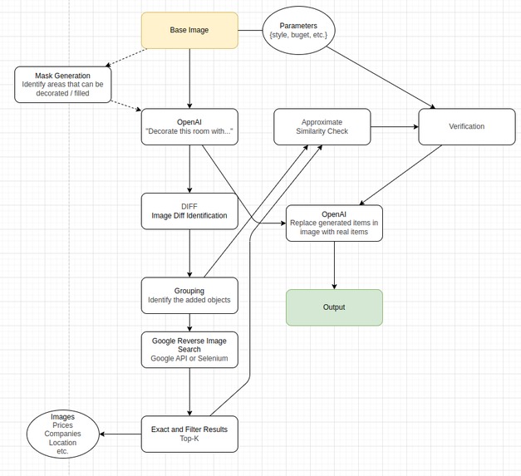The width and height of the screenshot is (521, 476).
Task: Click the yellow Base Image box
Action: tap(189, 30)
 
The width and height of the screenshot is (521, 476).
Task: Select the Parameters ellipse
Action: tap(298, 30)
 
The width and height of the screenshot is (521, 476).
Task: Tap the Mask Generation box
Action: tap(62, 85)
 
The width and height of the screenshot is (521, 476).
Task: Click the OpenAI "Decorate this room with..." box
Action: tap(189, 126)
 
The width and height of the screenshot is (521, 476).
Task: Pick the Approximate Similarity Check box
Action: tap(322, 126)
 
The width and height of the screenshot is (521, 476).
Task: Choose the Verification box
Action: tap(466, 126)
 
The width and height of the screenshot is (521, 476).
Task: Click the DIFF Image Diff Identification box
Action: tap(189, 211)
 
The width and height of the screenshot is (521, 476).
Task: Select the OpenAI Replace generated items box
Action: tap(334, 223)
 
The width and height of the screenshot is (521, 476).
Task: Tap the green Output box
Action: tap(334, 307)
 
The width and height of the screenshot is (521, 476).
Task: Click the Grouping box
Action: tap(189, 295)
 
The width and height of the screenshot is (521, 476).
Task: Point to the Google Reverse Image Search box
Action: tap(189, 350)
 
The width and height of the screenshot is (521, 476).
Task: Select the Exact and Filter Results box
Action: tap(189, 434)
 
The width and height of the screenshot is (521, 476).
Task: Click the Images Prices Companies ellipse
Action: tap(62, 434)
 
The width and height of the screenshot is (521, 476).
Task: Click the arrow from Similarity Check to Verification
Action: tap(395, 127)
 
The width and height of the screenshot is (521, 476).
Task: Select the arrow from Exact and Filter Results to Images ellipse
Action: tap(120, 434)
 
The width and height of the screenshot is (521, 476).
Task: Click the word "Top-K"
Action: tap(189, 439)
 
